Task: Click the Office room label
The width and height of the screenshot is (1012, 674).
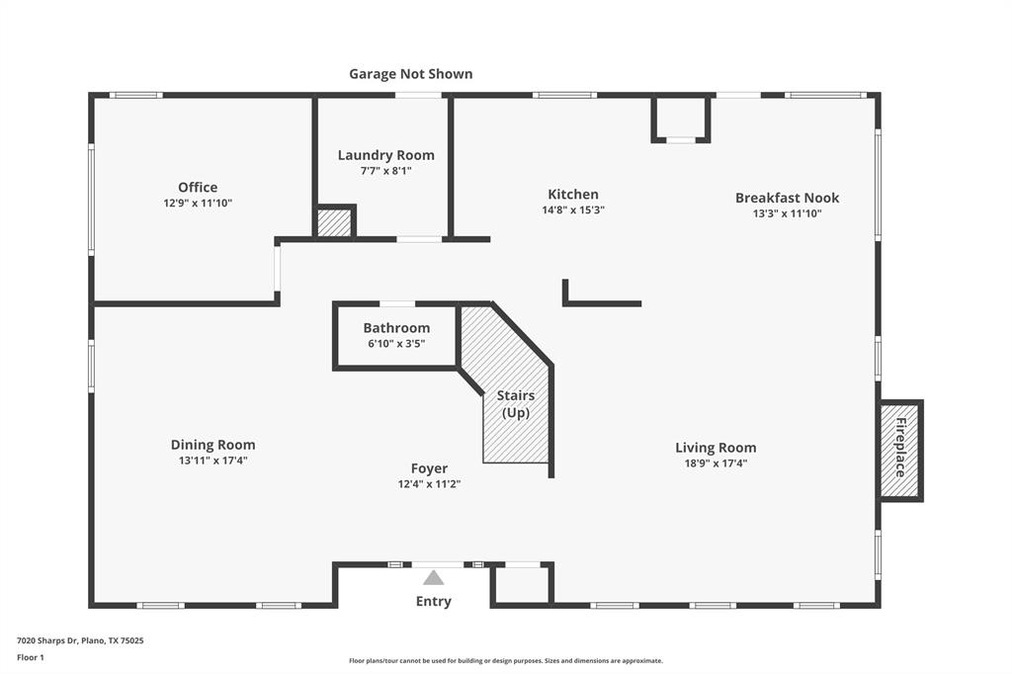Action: coord(198,188)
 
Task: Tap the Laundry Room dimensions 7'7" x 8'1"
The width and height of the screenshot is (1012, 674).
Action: coord(385,170)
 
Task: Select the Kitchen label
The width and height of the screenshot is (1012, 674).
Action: coord(573,195)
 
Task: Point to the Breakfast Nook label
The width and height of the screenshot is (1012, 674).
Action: coord(787,198)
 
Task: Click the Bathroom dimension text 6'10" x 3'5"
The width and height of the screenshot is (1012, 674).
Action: coord(396,344)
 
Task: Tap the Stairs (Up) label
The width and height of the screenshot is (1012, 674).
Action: coord(516,404)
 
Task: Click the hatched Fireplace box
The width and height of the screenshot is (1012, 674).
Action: coord(900,451)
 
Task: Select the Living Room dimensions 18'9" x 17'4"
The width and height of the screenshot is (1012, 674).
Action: coord(716,463)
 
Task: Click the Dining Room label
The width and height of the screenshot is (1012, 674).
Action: coord(212,445)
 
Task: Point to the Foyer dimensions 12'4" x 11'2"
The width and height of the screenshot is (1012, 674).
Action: coord(429,484)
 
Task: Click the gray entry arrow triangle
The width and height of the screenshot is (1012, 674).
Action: coord(433,578)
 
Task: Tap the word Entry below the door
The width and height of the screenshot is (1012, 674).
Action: coord(433,601)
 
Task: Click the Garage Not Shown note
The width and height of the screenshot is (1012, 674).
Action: coord(410,74)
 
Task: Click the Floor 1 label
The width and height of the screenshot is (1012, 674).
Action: coord(30,657)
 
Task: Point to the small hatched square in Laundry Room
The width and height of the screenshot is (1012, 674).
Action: coord(335,222)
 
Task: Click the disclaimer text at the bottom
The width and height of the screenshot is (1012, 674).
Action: coord(505,661)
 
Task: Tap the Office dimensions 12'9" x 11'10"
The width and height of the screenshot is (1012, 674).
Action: coord(198,203)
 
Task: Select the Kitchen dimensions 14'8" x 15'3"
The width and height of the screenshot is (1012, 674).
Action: coord(573,210)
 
